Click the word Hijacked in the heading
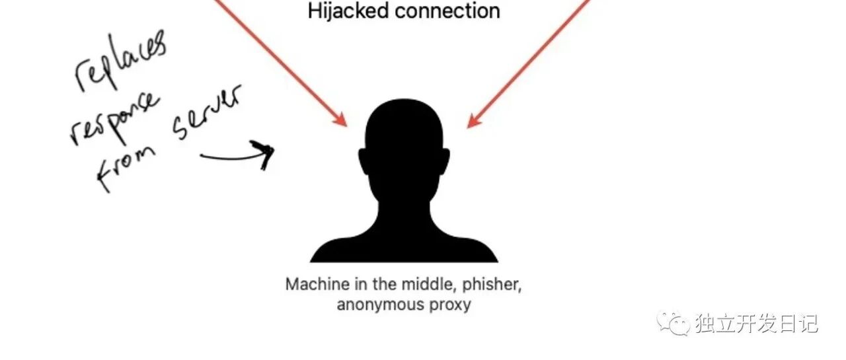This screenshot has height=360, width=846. [344, 11]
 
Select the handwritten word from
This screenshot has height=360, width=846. [127, 166]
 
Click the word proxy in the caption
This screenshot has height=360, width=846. [455, 306]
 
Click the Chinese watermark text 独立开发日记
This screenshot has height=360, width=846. [757, 324]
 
